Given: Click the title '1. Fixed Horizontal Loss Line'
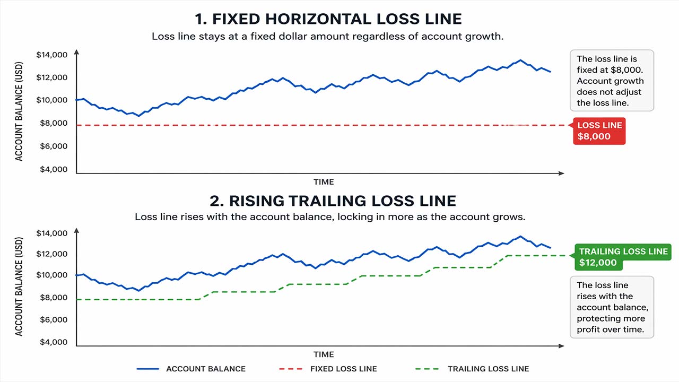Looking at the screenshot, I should tap(328, 19).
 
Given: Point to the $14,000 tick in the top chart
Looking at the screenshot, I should tap(52, 55).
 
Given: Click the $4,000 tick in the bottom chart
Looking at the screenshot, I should tap(54, 342).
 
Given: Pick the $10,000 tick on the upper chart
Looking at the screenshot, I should tap(52, 100).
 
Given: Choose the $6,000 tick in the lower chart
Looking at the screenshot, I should tap(54, 320).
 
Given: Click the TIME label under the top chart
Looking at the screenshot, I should tap(324, 182).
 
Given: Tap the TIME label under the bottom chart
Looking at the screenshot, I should tap(324, 354).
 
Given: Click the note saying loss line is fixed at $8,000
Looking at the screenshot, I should tap(611, 81).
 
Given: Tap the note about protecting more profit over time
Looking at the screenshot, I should tap(612, 307).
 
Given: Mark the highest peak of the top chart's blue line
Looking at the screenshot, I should tap(520, 60).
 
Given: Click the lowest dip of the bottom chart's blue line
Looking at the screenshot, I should tap(139, 291).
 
